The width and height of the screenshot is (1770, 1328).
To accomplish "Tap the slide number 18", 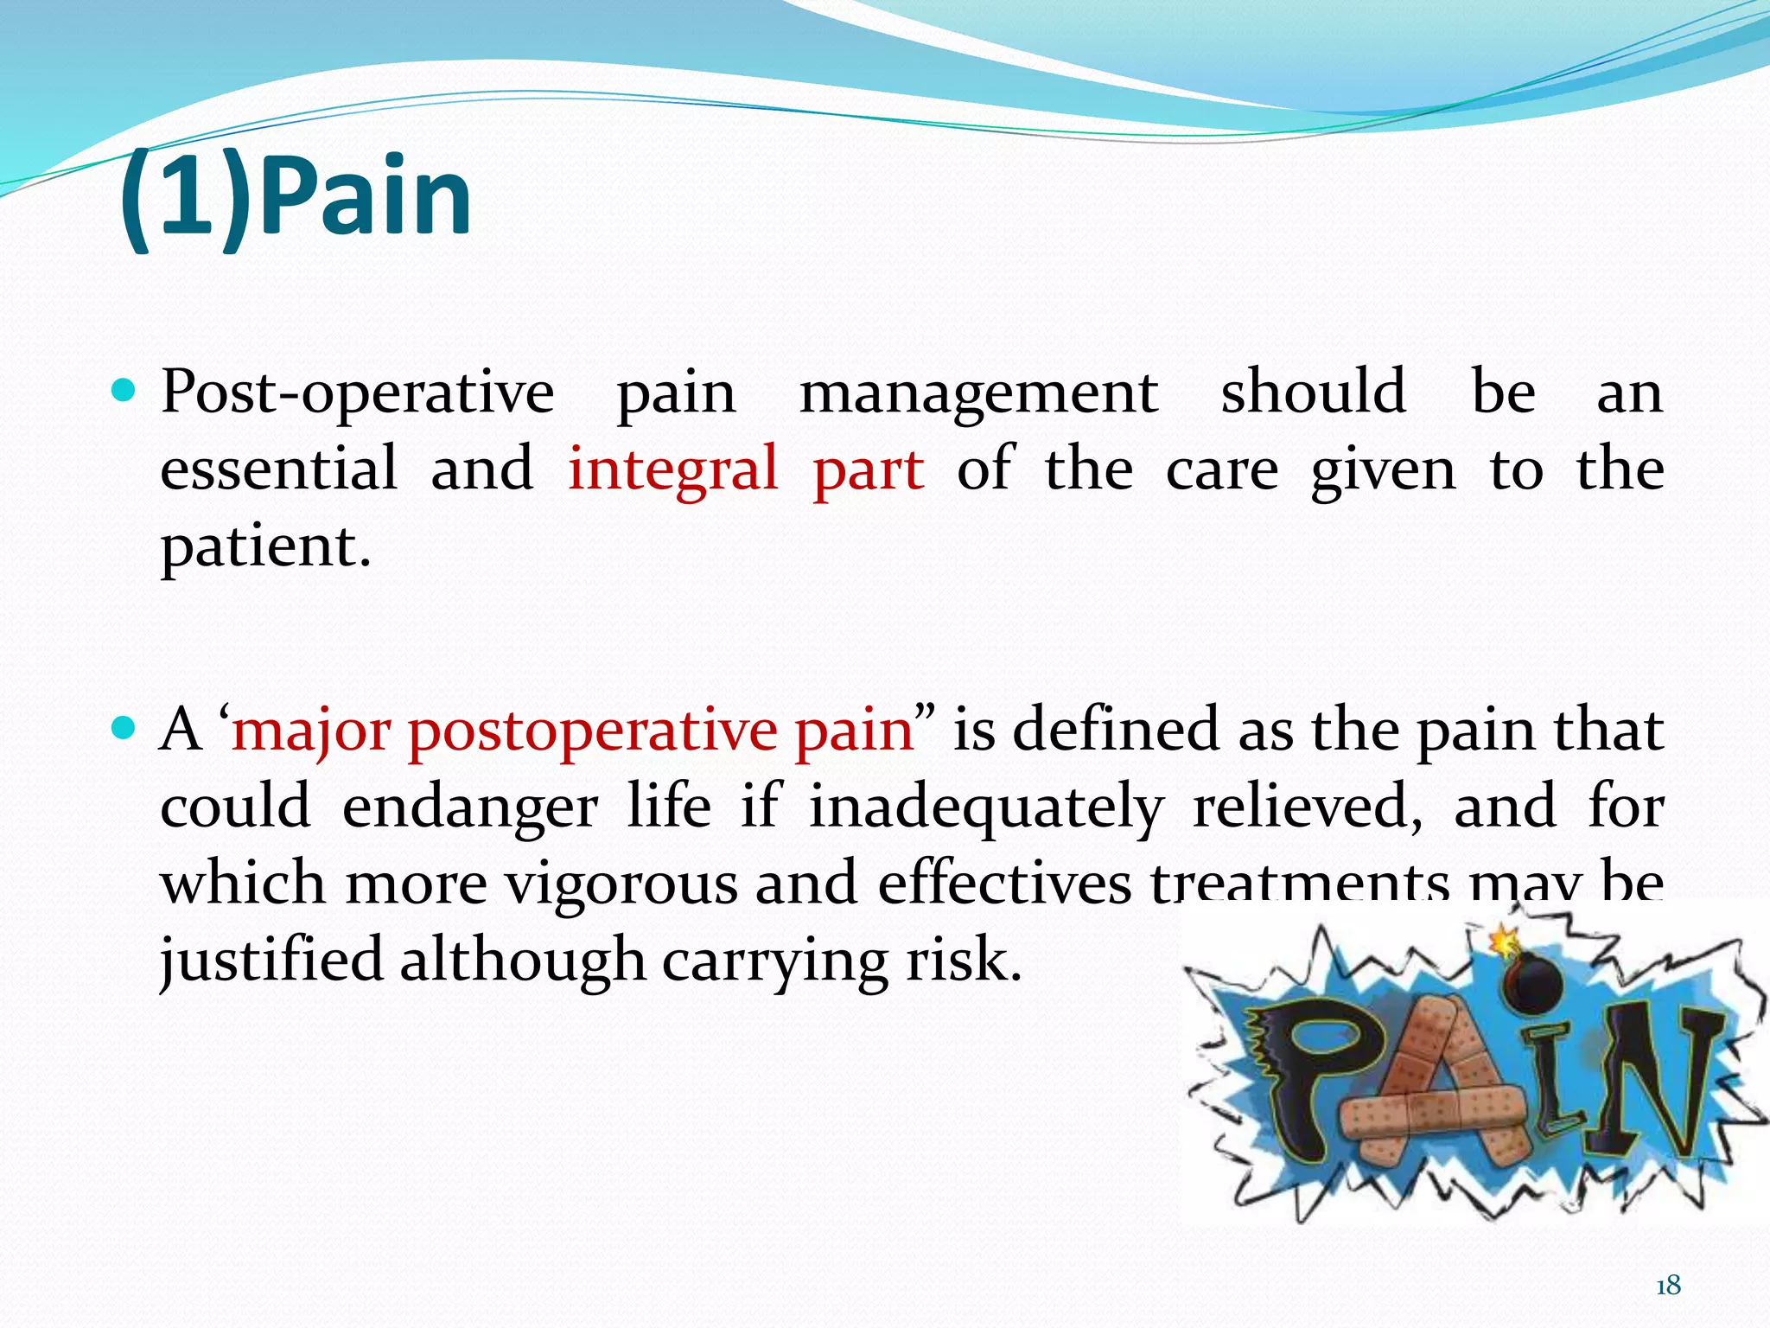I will click(1668, 1286).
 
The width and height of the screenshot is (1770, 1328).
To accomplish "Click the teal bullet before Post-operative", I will click(124, 392).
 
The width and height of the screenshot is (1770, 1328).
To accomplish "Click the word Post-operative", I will click(357, 393).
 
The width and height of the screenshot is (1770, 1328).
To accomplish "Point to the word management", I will click(977, 393).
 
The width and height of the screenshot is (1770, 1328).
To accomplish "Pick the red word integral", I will click(672, 469).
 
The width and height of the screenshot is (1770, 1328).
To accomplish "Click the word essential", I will click(278, 469).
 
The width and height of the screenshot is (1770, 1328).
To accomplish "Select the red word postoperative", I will click(592, 731).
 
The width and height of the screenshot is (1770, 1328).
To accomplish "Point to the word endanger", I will click(469, 807).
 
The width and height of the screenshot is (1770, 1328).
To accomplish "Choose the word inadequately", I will click(985, 807).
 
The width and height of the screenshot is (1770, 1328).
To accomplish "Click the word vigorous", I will click(621, 884).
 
